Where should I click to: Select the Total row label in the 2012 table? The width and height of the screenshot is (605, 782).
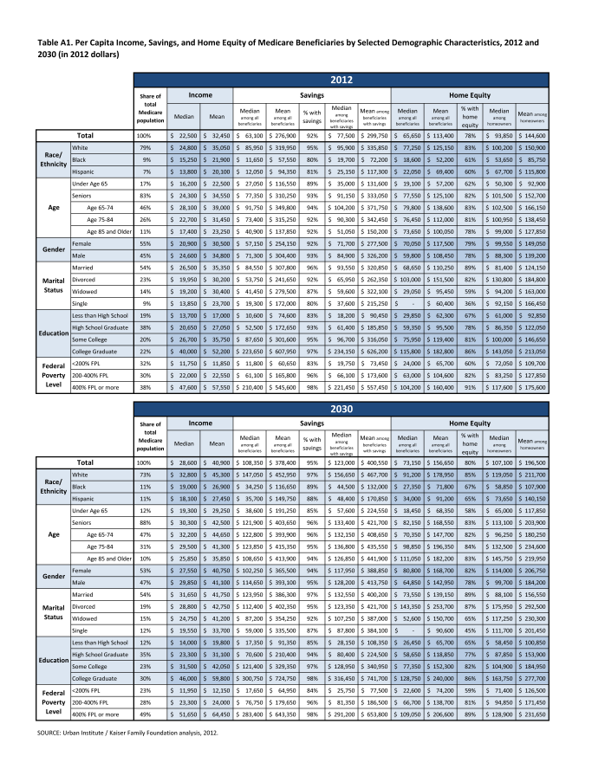click(85, 136)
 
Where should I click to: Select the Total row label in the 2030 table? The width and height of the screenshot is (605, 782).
click(85, 464)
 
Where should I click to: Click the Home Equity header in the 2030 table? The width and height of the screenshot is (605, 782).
click(471, 423)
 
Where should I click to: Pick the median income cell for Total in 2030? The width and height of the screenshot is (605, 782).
click(184, 464)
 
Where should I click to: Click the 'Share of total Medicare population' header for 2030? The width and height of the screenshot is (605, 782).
click(151, 436)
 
